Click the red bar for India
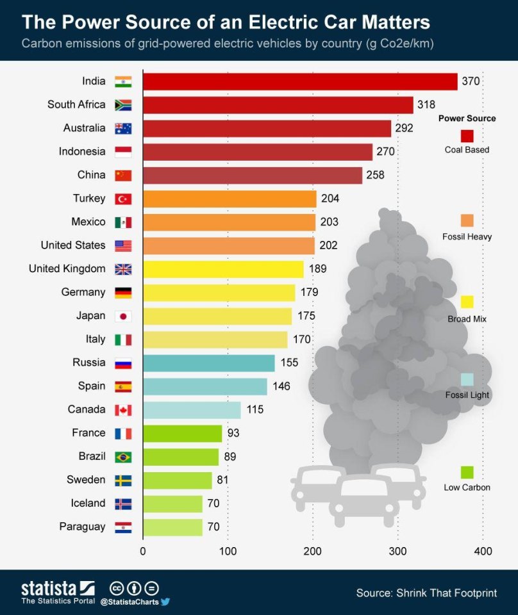(x=299, y=81)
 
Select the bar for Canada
(x=192, y=410)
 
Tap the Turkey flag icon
(x=123, y=199)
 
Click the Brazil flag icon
(x=123, y=457)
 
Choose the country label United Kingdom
(x=67, y=268)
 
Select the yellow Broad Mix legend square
(x=467, y=302)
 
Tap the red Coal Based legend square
(x=467, y=135)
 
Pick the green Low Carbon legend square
(x=467, y=472)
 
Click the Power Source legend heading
(x=467, y=119)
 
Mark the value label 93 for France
(x=233, y=433)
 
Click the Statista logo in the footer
(x=58, y=589)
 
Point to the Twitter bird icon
(x=165, y=602)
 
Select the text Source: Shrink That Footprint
(x=426, y=593)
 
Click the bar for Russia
(x=208, y=363)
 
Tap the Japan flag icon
(x=123, y=316)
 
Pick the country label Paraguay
(x=82, y=527)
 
